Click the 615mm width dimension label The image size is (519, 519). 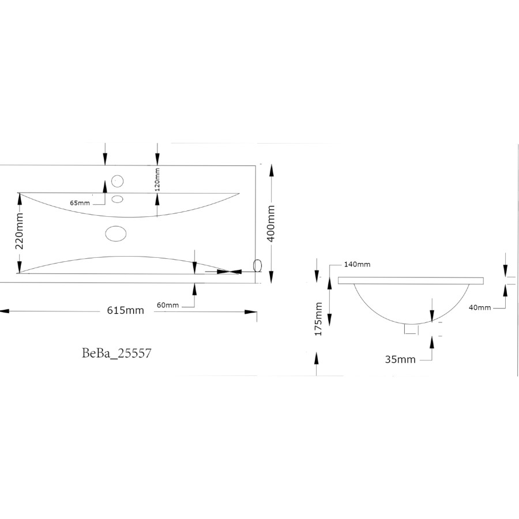pyautogui.click(x=125, y=310)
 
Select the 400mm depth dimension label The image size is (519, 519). pyautogui.click(x=272, y=223)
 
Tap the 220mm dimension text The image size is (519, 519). pyautogui.click(x=19, y=231)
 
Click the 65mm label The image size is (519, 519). pyautogui.click(x=80, y=202)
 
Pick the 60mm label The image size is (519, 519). pyautogui.click(x=168, y=305)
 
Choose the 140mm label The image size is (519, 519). pyautogui.click(x=357, y=264)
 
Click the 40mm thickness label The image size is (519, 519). pyautogui.click(x=480, y=307)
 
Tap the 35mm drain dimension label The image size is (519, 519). pyautogui.click(x=400, y=359)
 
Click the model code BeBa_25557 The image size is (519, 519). pyautogui.click(x=116, y=353)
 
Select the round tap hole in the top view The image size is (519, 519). pyautogui.click(x=117, y=180)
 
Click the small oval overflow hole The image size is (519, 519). pyautogui.click(x=118, y=200)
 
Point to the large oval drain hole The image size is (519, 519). pyautogui.click(x=116, y=232)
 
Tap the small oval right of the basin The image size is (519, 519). pyautogui.click(x=257, y=265)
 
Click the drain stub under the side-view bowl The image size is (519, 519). pyautogui.click(x=411, y=329)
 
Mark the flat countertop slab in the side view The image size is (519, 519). pyautogui.click(x=410, y=281)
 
